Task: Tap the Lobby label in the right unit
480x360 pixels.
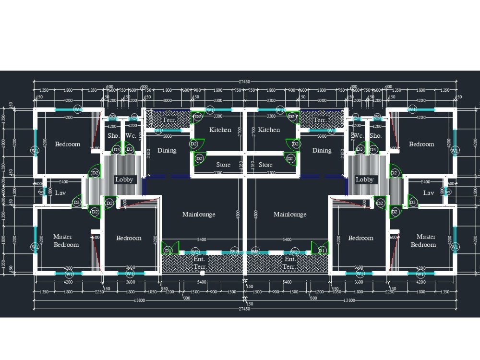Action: pyautogui.click(x=364, y=180)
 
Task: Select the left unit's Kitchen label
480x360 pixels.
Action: pyautogui.click(x=220, y=130)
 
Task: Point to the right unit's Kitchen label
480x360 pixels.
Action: pyautogui.click(x=269, y=130)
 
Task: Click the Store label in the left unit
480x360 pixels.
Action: pyautogui.click(x=223, y=165)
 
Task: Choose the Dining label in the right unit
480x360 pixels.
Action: pyautogui.click(x=322, y=150)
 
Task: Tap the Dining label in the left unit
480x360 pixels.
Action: pyautogui.click(x=167, y=150)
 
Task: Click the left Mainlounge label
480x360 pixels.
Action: pyautogui.click(x=199, y=214)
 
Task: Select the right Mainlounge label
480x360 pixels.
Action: pyautogui.click(x=290, y=214)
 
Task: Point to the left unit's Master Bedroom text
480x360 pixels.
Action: pyautogui.click(x=66, y=240)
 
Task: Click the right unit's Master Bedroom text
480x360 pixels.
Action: pyautogui.click(x=423, y=240)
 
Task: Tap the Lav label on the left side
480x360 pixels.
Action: pyautogui.click(x=60, y=193)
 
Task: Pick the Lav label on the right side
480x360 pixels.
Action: pyautogui.click(x=428, y=193)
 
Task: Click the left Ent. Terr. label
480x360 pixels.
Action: pyautogui.click(x=199, y=263)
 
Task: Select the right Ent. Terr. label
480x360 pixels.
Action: pyautogui.click(x=289, y=263)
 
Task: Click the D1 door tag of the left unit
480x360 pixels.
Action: pyautogui.click(x=168, y=251)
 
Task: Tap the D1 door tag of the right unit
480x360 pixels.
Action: pyautogui.click(x=322, y=251)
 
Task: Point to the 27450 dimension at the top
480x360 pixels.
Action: pyautogui.click(x=245, y=82)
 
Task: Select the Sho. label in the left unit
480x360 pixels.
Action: pyautogui.click(x=113, y=136)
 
